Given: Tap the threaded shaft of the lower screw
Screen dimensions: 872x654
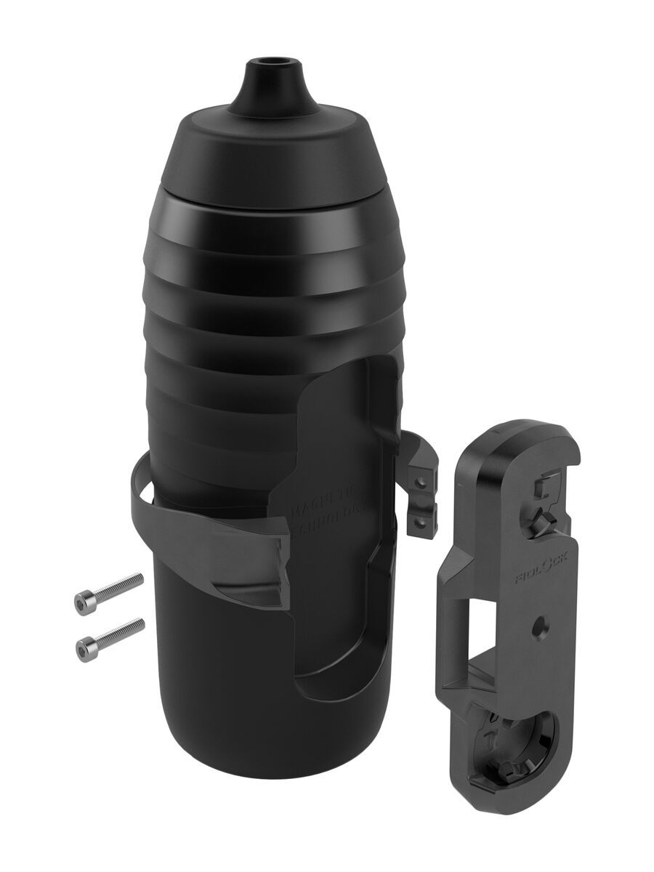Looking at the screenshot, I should [x=121, y=630].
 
